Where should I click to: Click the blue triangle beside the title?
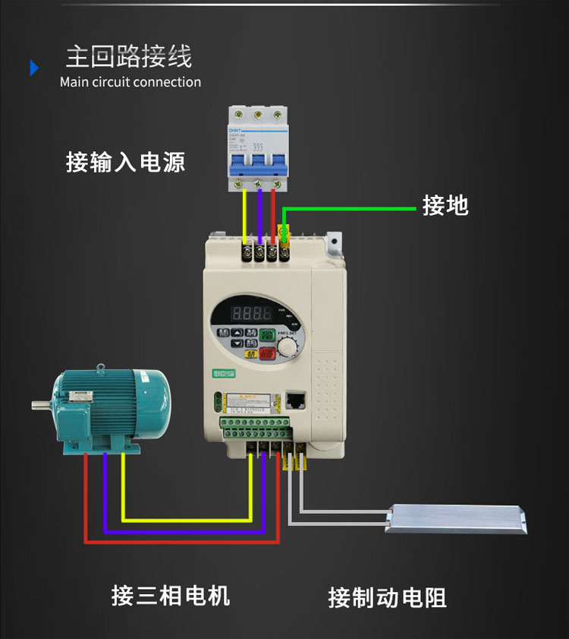[34, 68]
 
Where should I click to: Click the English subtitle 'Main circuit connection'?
[130, 82]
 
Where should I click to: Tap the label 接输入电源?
[125, 162]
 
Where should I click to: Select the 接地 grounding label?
[445, 205]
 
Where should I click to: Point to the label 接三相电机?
[170, 595]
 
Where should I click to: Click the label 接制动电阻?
[387, 597]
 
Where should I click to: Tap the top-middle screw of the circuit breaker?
[258, 115]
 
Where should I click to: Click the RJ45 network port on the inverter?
[294, 399]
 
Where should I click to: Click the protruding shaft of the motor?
[41, 405]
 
